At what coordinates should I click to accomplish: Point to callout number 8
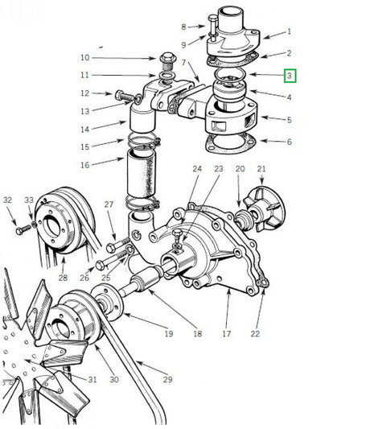(183, 27)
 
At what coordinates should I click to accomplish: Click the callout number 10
(108, 58)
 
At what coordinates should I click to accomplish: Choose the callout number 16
(108, 165)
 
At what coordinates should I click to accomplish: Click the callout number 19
(168, 333)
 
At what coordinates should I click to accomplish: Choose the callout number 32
(7, 200)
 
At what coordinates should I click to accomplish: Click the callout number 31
(92, 380)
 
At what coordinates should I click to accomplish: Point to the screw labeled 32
(23, 229)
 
